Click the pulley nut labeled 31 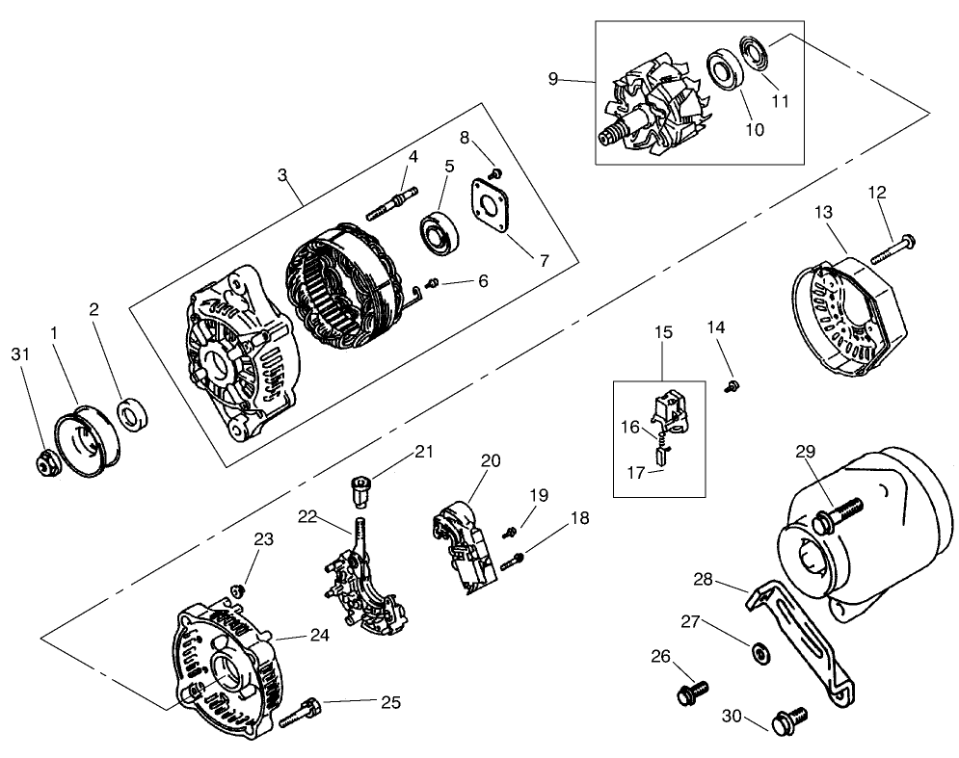click(44, 463)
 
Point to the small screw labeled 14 click(731, 385)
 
